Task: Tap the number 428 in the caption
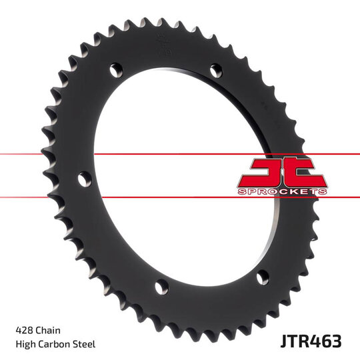click(24, 330)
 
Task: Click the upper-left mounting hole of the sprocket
click(115, 69)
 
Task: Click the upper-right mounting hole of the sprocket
click(215, 69)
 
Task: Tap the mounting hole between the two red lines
click(82, 179)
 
